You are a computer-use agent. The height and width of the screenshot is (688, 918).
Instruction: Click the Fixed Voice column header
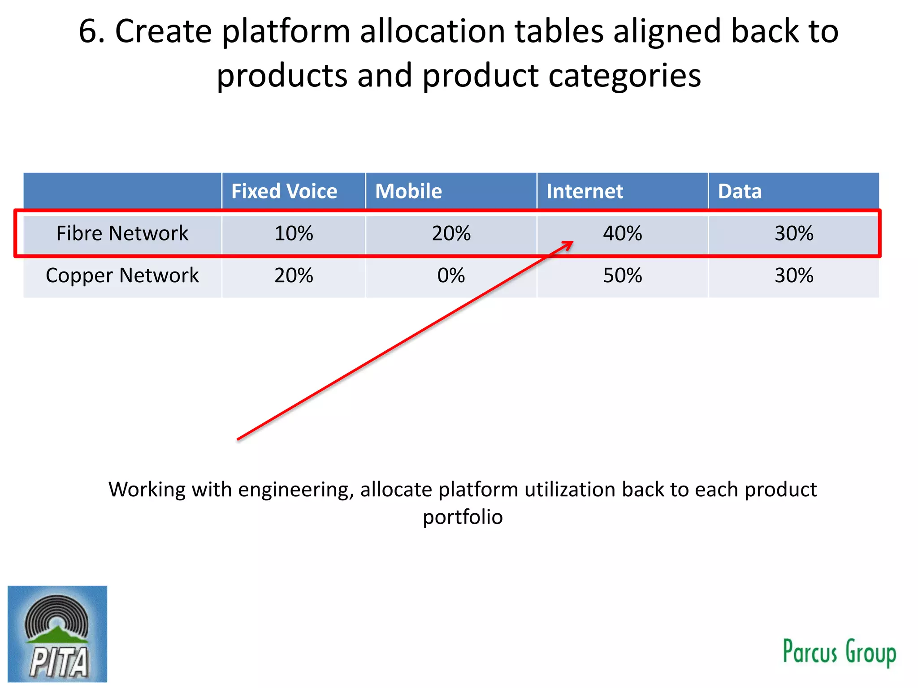284,191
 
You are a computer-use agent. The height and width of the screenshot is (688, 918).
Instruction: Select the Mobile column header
408,191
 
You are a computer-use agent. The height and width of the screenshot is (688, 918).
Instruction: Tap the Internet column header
585,191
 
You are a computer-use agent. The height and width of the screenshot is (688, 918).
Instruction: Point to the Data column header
740,191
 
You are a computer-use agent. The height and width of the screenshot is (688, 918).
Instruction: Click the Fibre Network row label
122,233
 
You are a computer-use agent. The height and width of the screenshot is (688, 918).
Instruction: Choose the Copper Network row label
122,275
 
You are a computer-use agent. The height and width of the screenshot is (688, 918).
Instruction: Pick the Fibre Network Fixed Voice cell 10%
294,233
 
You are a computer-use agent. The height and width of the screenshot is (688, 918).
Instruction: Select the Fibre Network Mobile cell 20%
451,233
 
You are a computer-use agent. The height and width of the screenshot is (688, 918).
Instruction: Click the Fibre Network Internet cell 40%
622,233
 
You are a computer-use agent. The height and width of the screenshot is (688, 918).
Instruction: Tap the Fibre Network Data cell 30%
794,233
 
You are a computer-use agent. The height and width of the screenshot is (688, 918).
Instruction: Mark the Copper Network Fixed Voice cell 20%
294,275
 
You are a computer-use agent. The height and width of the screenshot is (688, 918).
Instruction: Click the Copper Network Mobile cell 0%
451,275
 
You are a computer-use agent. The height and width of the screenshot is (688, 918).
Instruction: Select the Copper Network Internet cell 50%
622,275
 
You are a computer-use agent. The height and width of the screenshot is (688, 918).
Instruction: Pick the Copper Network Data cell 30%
794,275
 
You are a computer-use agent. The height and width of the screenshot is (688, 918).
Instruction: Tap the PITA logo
57,634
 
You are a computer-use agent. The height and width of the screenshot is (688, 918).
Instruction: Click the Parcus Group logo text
839,652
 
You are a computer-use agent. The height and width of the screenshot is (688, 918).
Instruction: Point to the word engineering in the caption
295,490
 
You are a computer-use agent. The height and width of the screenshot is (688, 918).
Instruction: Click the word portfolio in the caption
463,517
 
